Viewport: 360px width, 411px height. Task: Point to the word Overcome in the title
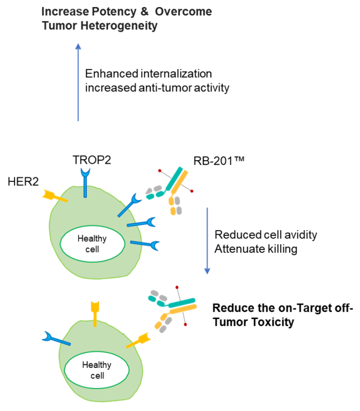(184, 12)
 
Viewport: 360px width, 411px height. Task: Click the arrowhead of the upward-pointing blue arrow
(78, 46)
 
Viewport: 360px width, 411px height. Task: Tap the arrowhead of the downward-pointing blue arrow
(207, 271)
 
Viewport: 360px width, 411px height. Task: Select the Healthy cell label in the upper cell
(92, 244)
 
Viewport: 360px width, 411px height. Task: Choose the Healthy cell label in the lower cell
(97, 370)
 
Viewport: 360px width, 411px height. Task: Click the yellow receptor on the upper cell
(53, 196)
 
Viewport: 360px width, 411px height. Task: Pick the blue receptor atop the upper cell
(85, 180)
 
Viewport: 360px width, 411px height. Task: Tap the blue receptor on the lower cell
(56, 339)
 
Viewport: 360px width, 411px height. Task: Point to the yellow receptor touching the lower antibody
(139, 340)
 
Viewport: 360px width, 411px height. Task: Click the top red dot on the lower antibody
(177, 287)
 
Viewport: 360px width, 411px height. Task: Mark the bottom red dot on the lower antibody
(186, 324)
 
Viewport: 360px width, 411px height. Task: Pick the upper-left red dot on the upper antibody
(160, 171)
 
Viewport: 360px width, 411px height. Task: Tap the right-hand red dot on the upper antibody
(192, 191)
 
